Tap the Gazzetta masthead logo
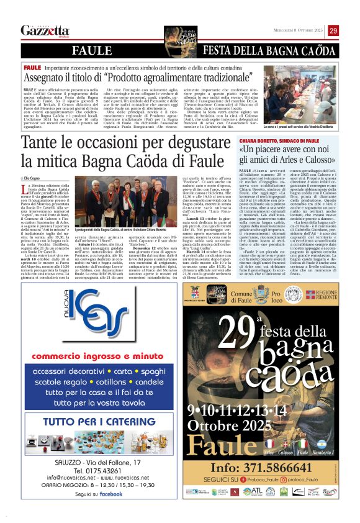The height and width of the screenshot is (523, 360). pos(45,31)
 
